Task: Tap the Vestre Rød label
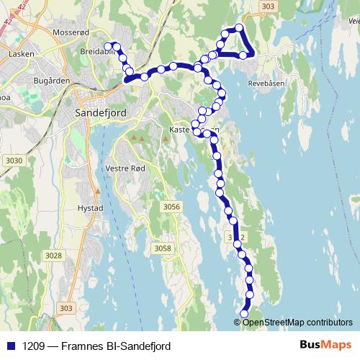(127, 168)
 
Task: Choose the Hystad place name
(90, 206)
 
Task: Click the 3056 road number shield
(171, 207)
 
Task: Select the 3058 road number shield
(163, 248)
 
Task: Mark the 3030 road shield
(13, 160)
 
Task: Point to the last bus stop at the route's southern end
(243, 314)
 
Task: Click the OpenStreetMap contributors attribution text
(297, 322)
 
